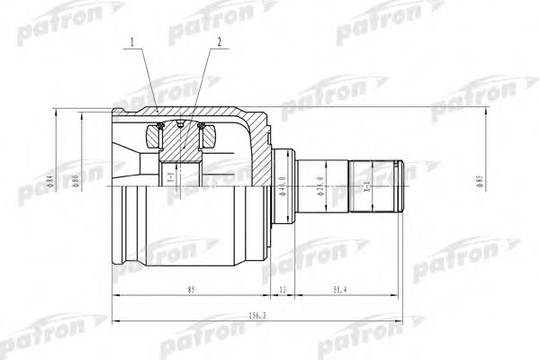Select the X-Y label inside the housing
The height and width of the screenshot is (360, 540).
click(x=170, y=184)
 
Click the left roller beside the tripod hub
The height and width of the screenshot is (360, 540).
click(x=155, y=138)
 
